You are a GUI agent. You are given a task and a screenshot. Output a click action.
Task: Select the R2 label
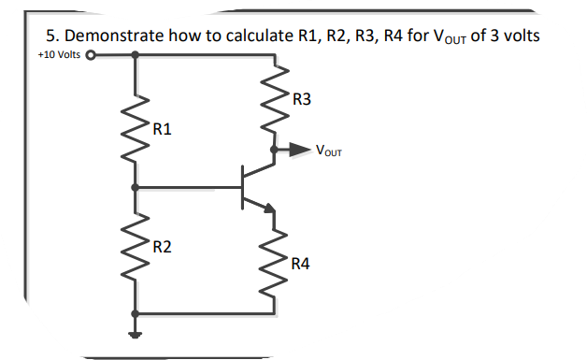click(x=161, y=247)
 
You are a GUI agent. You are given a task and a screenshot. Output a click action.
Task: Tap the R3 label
click(x=302, y=98)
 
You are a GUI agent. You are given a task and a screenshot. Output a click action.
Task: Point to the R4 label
click(x=301, y=264)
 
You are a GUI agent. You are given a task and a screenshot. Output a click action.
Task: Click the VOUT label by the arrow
click(x=329, y=150)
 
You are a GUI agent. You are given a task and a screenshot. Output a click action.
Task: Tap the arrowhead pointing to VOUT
click(x=301, y=149)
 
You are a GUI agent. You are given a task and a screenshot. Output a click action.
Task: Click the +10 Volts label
click(x=58, y=54)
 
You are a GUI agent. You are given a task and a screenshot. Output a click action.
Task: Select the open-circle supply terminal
click(x=91, y=54)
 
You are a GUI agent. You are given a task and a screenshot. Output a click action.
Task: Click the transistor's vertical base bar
click(x=242, y=187)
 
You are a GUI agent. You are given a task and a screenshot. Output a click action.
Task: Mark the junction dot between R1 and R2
click(x=136, y=188)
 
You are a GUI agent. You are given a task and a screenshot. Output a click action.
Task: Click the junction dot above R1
click(x=136, y=54)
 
